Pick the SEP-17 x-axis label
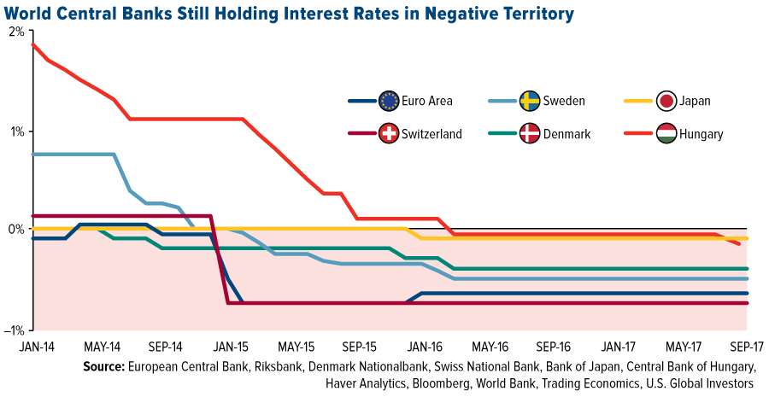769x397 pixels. [746, 348]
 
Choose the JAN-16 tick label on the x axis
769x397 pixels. [423, 348]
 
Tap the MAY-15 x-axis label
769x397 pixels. [296, 348]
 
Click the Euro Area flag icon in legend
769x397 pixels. [389, 102]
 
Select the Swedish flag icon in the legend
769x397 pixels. [529, 102]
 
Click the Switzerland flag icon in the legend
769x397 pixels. [389, 133]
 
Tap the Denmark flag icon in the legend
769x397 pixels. [529, 133]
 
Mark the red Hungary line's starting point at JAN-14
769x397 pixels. [32, 44]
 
